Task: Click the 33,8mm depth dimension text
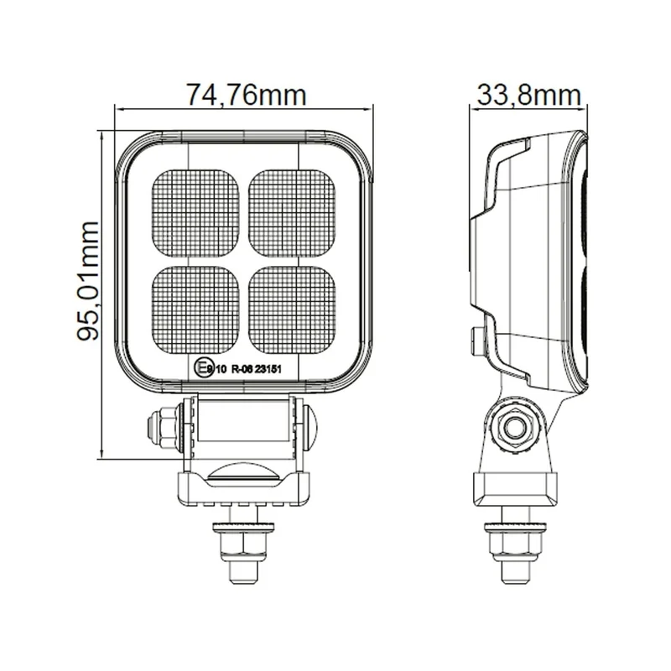(x=529, y=95)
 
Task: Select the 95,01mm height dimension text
(x=87, y=279)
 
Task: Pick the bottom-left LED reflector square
(x=197, y=308)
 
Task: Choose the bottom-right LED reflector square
(x=293, y=308)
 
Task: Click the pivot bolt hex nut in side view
(x=513, y=427)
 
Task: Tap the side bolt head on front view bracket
(x=161, y=424)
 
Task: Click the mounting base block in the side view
(x=513, y=488)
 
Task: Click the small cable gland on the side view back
(x=476, y=337)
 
